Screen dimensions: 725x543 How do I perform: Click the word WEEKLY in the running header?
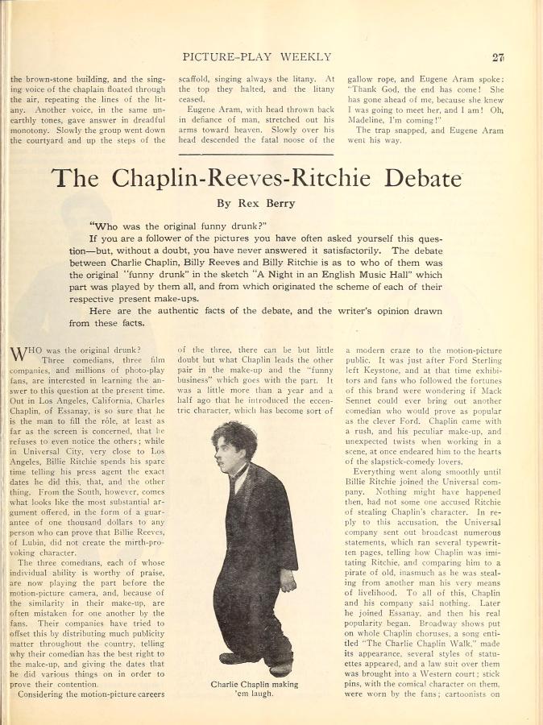[x=305, y=57]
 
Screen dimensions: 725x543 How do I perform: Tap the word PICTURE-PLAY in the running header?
[x=229, y=57]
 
